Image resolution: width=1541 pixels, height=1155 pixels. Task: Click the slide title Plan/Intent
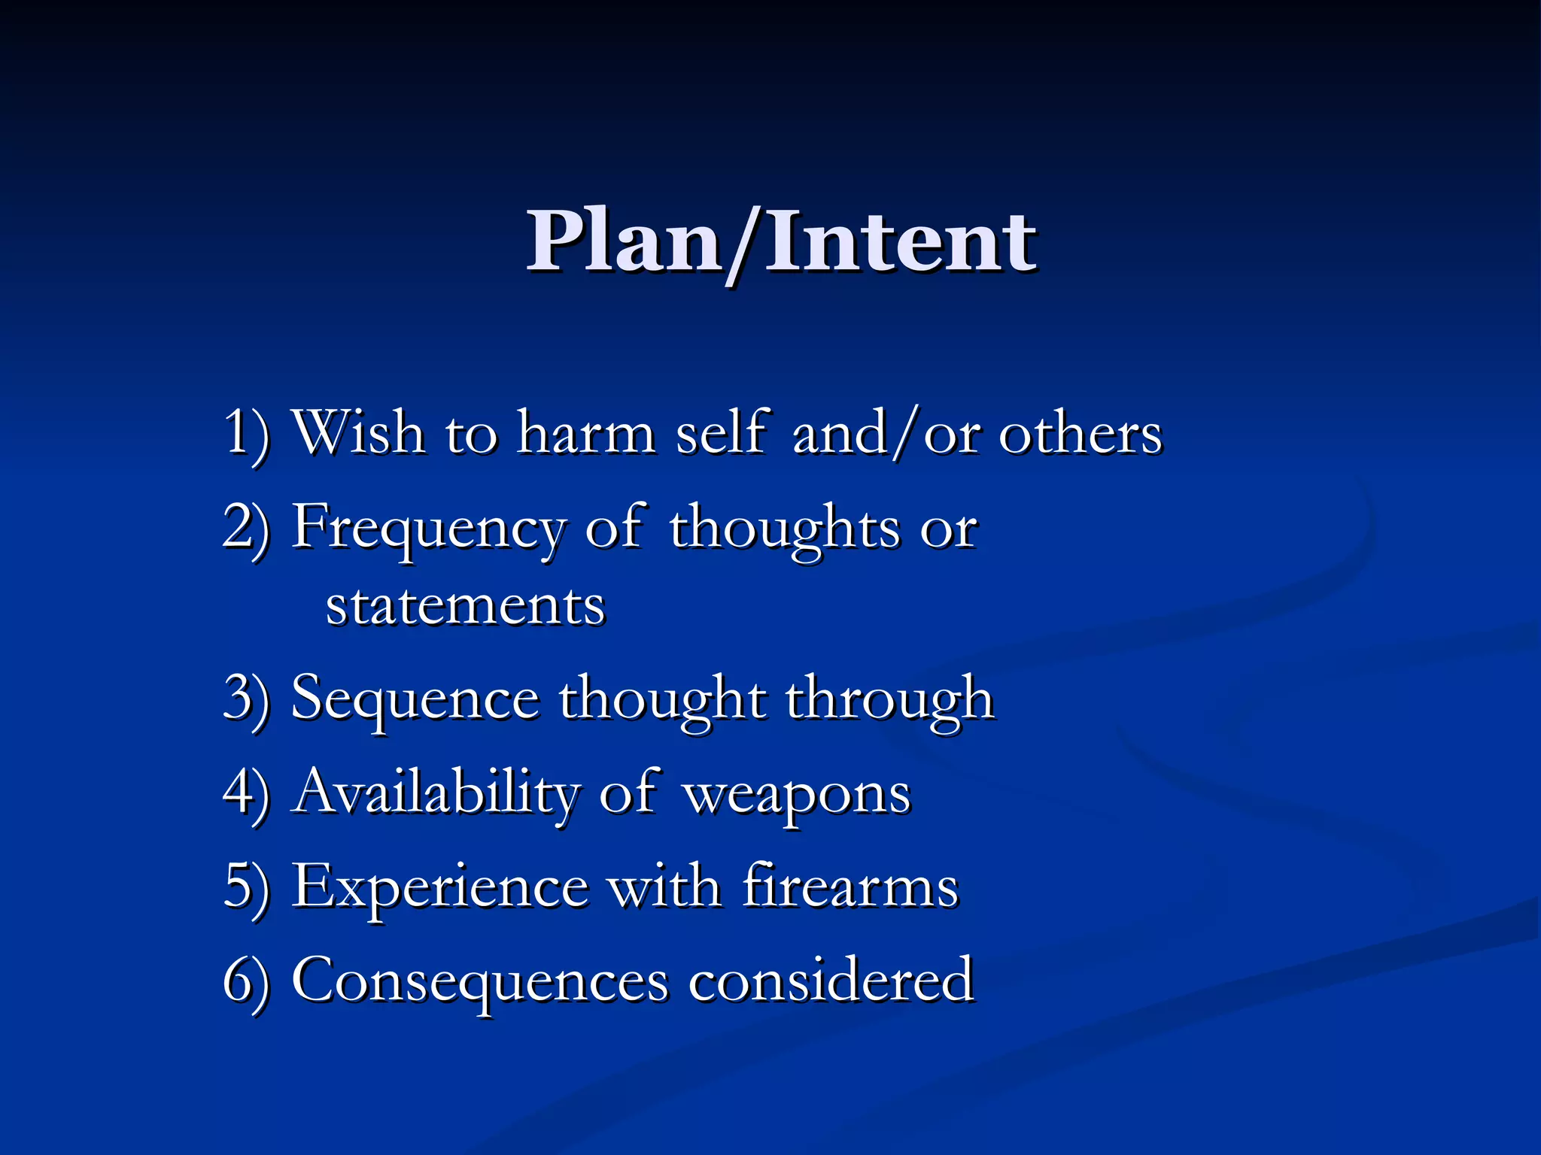[781, 242]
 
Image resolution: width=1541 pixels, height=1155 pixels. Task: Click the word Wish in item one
[357, 433]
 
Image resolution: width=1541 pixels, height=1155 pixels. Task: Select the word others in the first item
[1080, 435]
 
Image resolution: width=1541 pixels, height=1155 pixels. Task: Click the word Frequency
[427, 529]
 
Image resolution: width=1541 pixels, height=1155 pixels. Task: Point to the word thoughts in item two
[785, 529]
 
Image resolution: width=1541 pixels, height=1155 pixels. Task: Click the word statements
[465, 606]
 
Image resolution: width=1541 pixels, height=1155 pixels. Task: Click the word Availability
[436, 793]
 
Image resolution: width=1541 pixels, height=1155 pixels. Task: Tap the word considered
[831, 980]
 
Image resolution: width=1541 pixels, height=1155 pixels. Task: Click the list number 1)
[246, 435]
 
